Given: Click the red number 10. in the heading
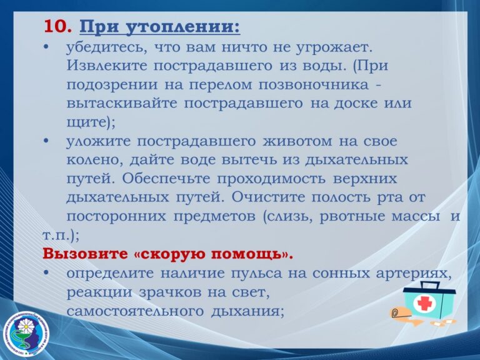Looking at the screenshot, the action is [58, 27].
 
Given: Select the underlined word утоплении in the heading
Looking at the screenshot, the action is [183, 28].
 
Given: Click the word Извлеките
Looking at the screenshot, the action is [107, 66].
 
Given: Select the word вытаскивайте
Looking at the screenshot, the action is [122, 103].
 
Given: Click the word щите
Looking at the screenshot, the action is [86, 122].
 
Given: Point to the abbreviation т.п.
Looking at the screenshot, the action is [57, 235].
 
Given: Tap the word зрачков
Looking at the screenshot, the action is [171, 292].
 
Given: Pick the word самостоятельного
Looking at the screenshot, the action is [135, 311].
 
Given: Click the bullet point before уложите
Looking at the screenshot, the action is [46, 141].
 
